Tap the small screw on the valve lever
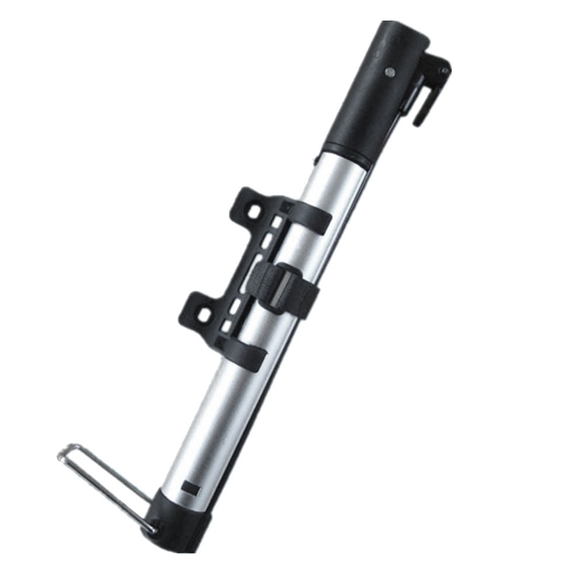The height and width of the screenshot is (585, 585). click(x=445, y=71)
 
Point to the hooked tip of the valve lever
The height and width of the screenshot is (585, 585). click(x=418, y=120)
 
